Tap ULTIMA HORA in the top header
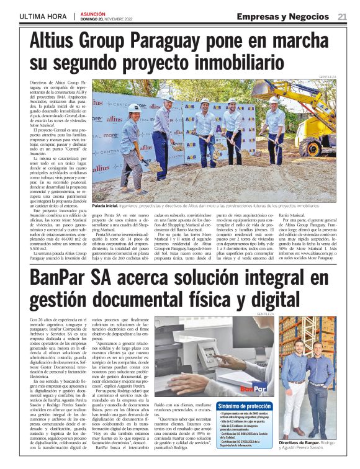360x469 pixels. click(x=43, y=17)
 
